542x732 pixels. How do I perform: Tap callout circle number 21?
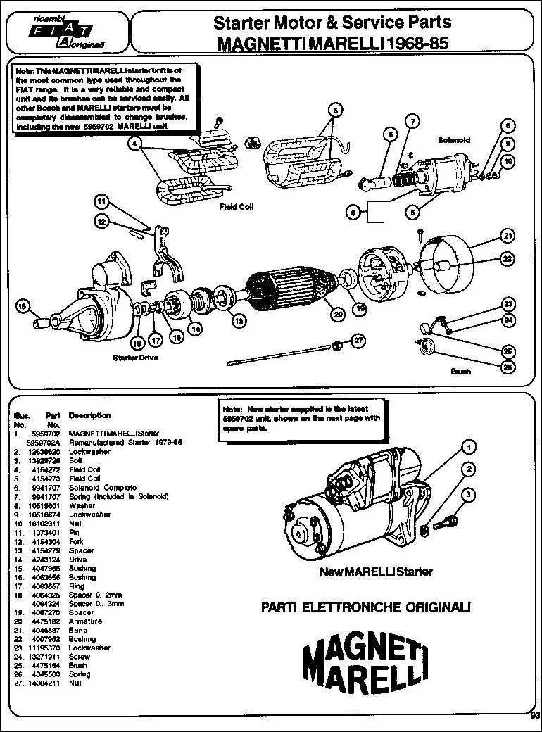tap(507, 235)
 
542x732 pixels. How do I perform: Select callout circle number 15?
tap(23, 306)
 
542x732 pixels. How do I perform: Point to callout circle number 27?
tap(358, 341)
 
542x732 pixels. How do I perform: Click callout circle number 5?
tap(335, 110)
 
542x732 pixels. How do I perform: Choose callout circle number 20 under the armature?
tap(338, 315)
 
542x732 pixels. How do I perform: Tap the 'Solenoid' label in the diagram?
tap(454, 140)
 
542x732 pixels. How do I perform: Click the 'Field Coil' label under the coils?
tap(236, 207)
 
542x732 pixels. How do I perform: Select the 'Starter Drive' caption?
tap(135, 358)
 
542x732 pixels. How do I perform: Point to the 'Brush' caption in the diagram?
tap(460, 371)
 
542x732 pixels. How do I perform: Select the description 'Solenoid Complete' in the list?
tap(103, 487)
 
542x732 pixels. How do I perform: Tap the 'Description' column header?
tap(89, 415)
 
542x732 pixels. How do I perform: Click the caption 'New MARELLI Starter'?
tap(376, 572)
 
